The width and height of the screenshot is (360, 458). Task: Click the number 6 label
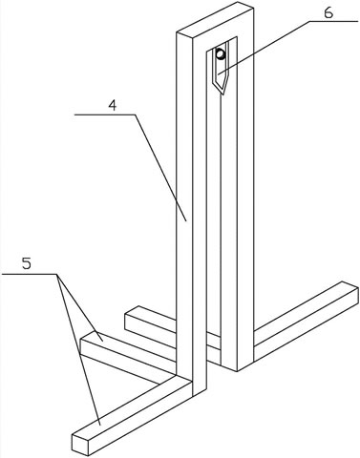328,12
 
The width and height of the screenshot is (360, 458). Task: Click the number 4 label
112,106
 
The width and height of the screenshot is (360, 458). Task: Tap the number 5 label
27,263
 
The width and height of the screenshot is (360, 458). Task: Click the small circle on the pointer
221,54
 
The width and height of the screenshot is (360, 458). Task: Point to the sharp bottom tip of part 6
223,94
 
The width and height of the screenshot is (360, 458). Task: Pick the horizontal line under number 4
105,114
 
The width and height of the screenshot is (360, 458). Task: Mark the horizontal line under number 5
30,274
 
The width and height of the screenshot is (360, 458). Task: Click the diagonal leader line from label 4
160,168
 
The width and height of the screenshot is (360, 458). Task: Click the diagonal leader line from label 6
264,48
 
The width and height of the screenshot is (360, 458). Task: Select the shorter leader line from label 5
80,307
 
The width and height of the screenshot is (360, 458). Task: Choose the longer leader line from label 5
78,349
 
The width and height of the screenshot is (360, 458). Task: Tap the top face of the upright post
215,19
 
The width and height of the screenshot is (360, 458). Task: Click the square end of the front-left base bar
79,444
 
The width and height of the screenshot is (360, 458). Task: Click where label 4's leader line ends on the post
187,220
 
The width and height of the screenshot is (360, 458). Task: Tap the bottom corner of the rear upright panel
238,371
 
